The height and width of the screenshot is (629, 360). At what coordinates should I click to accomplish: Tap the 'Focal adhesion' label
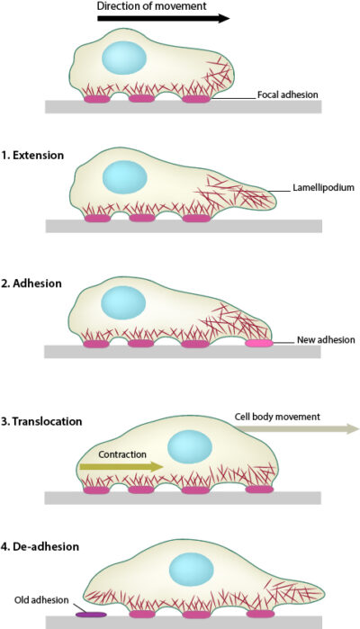(x=288, y=94)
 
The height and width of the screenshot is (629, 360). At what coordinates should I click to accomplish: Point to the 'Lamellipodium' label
(x=323, y=189)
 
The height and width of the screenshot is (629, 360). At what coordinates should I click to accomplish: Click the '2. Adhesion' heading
(x=31, y=283)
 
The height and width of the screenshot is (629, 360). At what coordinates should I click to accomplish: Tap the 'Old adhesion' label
(x=33, y=599)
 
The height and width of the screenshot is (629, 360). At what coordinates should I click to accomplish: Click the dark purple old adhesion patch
(x=89, y=615)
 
